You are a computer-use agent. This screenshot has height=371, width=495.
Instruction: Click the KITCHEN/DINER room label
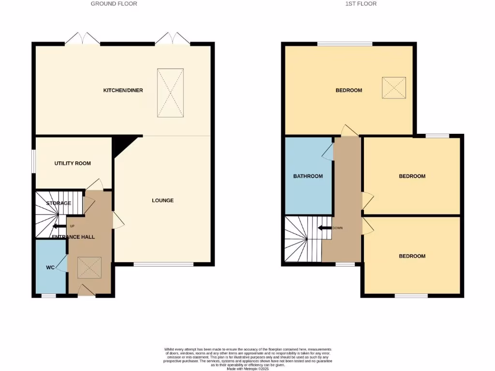click(x=123, y=90)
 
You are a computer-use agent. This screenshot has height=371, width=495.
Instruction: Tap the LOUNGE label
click(x=162, y=200)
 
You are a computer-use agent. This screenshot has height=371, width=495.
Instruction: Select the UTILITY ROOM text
click(x=73, y=163)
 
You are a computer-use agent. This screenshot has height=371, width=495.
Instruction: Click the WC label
click(x=50, y=267)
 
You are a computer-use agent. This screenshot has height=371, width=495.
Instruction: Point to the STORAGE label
click(x=58, y=203)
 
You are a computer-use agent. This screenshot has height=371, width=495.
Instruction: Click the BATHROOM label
click(x=308, y=176)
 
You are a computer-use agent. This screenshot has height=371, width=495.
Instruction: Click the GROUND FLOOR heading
click(x=114, y=3)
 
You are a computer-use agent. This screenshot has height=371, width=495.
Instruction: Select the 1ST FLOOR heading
click(x=361, y=3)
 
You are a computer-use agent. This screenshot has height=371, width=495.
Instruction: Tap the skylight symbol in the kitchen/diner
click(x=170, y=93)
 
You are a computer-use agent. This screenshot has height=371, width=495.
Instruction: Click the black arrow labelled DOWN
click(x=324, y=228)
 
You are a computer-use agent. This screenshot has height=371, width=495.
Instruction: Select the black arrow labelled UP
click(x=60, y=226)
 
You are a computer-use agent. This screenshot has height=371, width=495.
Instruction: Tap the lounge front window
click(x=163, y=264)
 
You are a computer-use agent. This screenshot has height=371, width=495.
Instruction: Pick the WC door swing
click(x=62, y=264)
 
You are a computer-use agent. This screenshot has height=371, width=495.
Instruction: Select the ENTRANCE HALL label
click(x=73, y=237)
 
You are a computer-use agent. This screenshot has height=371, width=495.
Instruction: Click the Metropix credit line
click(x=247, y=368)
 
